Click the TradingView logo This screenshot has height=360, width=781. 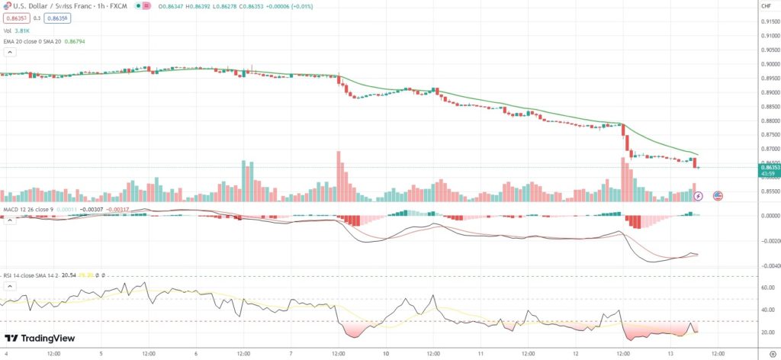click(x=37, y=339)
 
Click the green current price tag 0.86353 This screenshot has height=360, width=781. click(x=768, y=165)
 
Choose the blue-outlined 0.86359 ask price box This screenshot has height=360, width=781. click(x=57, y=18)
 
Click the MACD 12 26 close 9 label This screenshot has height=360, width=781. click(x=27, y=208)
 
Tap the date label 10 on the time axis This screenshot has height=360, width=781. click(x=387, y=354)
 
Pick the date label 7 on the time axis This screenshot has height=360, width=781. click(x=291, y=354)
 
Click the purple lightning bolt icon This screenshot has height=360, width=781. click(x=699, y=196)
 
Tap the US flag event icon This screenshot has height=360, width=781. click(x=718, y=196)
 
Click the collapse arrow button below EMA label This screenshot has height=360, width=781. click(x=10, y=53)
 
